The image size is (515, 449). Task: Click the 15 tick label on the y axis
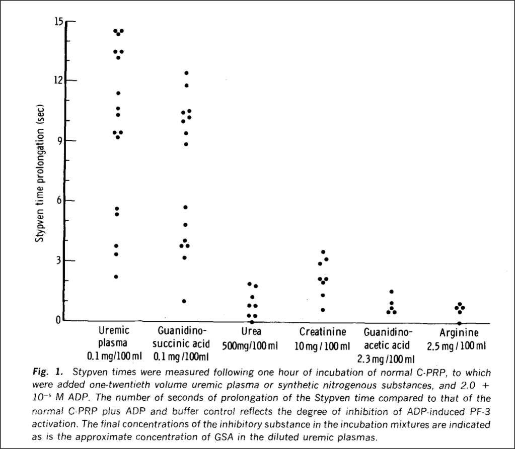[59, 21]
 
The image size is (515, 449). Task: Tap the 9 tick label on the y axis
[61, 141]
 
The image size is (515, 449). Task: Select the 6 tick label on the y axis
[61, 201]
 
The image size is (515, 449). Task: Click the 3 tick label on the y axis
[61, 260]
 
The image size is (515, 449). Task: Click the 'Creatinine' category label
[323, 332]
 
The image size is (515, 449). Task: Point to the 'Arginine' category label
[459, 332]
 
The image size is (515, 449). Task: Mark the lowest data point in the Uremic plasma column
[116, 277]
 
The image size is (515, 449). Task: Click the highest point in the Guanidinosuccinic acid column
[186, 73]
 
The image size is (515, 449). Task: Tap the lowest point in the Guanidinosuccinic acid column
[184, 301]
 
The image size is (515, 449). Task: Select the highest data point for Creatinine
[323, 252]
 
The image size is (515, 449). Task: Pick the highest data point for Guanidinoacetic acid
[391, 292]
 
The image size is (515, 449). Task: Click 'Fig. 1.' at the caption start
[48, 373]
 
